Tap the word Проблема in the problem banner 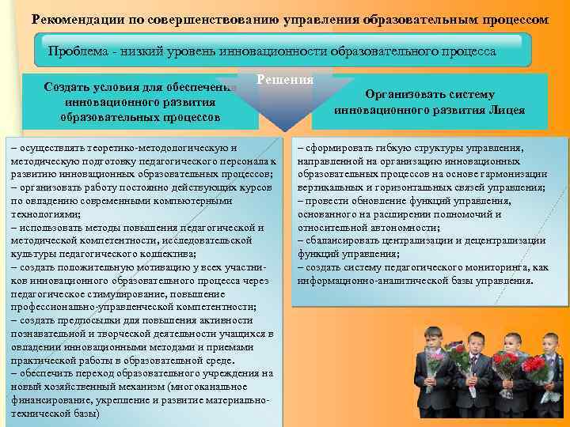[x=78, y=51]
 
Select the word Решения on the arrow [x=286, y=80]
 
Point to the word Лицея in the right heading [x=507, y=110]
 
